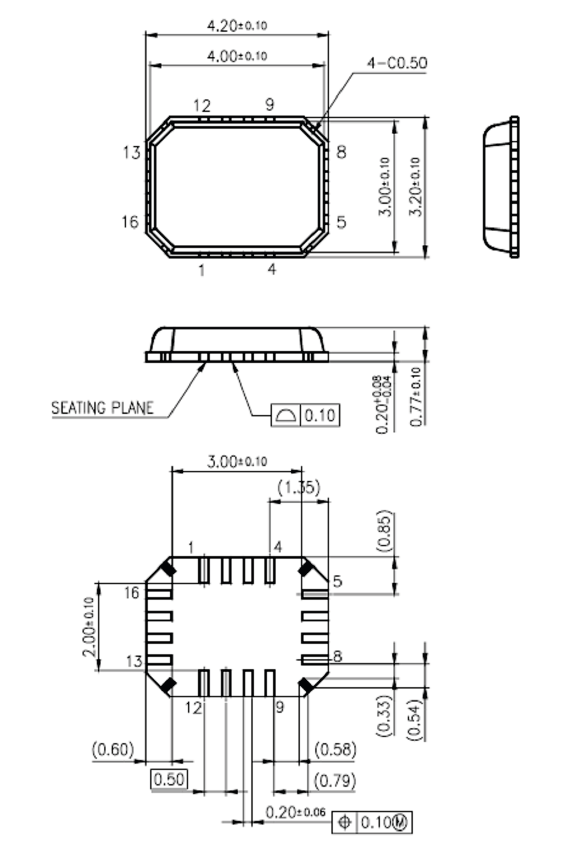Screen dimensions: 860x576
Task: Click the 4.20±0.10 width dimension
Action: click(236, 25)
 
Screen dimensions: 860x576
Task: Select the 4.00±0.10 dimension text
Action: click(236, 56)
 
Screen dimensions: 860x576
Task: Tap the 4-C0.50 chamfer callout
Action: click(396, 63)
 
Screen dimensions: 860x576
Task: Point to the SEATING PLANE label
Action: click(102, 408)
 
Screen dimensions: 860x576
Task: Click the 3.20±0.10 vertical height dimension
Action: click(416, 186)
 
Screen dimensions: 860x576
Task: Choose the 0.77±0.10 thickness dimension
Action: click(416, 396)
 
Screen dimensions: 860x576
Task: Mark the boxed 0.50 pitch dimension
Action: click(169, 779)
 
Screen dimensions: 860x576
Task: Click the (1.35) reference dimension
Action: click(298, 487)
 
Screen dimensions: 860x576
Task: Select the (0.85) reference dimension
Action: click(385, 531)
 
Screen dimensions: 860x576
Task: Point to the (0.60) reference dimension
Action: click(112, 749)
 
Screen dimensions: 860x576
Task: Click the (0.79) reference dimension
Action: click(335, 780)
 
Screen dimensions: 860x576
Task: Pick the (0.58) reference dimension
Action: click(335, 749)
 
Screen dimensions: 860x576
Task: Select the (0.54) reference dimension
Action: click(415, 719)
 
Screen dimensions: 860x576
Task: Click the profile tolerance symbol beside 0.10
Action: click(286, 414)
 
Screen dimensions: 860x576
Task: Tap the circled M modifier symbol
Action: click(400, 822)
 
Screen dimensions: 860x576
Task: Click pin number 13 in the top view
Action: click(132, 152)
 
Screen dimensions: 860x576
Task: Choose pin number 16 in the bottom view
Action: click(132, 593)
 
